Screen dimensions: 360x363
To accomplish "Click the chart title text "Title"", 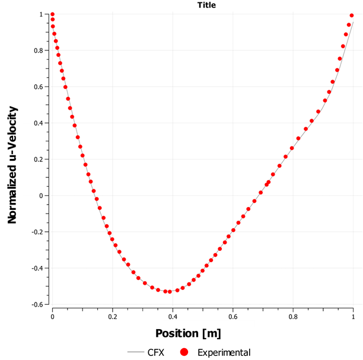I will point(206,5).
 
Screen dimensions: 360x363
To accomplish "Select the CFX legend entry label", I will point(155,352).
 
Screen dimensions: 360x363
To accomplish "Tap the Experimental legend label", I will point(224,352).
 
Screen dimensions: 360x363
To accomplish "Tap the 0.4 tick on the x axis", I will point(232,317).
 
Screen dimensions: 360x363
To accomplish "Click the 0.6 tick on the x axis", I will point(292,317).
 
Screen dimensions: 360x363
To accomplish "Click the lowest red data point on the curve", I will point(170,292).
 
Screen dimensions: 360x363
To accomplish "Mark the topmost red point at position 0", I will point(52,14).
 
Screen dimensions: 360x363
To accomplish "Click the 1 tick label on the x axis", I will point(353,317).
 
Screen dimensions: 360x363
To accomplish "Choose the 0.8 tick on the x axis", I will point(292,317).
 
